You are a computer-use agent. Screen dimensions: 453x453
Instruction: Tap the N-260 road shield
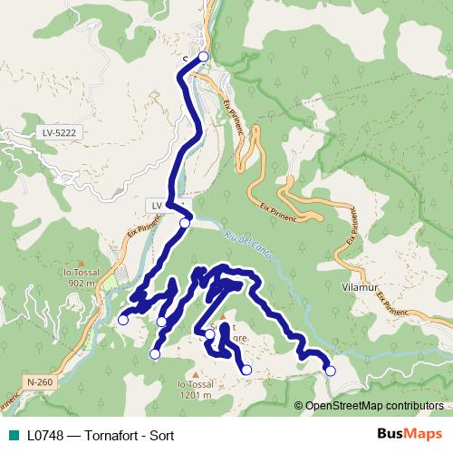coord(40,382)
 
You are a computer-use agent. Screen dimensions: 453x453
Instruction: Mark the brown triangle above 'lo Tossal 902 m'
coord(81,263)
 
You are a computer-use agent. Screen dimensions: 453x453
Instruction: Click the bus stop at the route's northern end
coord(203,56)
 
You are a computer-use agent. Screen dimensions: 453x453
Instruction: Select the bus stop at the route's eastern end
coord(330,370)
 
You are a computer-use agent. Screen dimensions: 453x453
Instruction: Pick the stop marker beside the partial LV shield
coord(185,223)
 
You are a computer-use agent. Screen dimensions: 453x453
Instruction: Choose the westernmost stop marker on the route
coord(123,319)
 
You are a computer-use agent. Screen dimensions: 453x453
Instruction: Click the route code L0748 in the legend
coord(46,434)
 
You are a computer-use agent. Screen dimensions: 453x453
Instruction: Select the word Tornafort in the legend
coord(111,434)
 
